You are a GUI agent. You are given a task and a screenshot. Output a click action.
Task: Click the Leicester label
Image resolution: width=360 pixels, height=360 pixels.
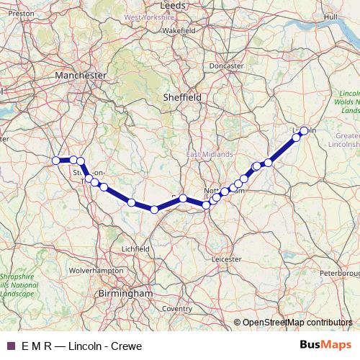tap(227, 257)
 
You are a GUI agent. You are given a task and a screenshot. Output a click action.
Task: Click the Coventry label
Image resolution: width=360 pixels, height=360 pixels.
tap(177, 308)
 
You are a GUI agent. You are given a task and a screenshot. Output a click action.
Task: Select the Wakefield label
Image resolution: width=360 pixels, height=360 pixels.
tap(179, 31)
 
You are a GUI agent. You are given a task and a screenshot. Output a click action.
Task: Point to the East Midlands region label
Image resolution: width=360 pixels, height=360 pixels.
tap(210, 154)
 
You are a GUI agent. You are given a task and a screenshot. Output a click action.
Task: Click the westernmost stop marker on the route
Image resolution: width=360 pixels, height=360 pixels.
tap(56, 161)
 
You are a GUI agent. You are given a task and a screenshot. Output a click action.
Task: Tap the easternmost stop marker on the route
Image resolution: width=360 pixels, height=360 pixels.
tap(304, 130)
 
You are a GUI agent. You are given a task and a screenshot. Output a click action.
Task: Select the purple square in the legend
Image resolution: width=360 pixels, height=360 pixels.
tap(10, 346)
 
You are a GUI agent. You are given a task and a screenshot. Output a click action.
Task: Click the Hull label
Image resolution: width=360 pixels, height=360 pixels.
tap(331, 16)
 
